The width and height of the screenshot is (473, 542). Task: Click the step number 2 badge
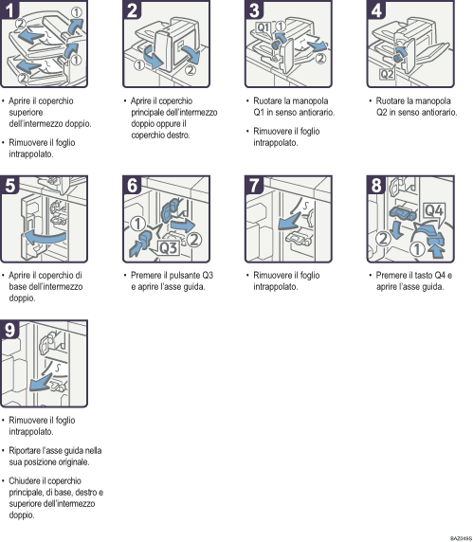[x=132, y=10]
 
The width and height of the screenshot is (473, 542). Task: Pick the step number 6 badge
[x=132, y=186]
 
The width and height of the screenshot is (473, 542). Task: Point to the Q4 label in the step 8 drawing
[x=432, y=208]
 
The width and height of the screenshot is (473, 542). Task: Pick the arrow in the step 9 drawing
[x=42, y=383]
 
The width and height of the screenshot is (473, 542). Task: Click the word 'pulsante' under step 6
[x=180, y=275]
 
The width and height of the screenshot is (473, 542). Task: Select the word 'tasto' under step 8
[x=418, y=275]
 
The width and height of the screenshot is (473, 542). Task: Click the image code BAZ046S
[x=460, y=537]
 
